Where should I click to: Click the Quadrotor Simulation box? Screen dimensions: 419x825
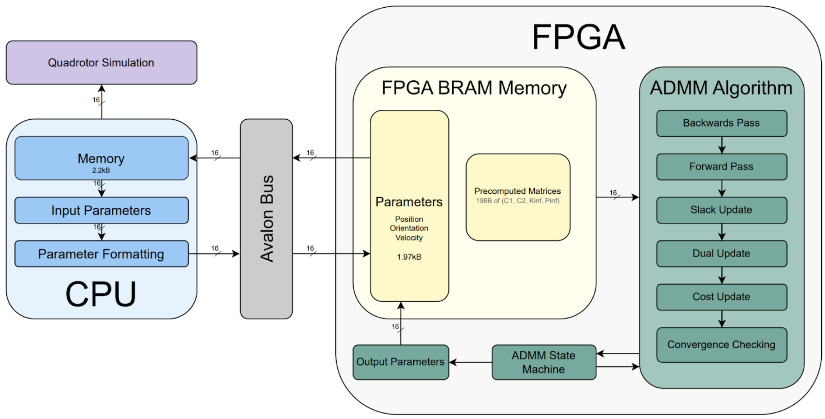click(x=101, y=63)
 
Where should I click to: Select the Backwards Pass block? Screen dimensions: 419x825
click(x=721, y=123)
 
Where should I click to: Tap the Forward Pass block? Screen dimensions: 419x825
click(x=721, y=166)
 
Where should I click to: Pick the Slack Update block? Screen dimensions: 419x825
click(x=721, y=210)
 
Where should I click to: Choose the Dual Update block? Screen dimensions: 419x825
click(x=721, y=253)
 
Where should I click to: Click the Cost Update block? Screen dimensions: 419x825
click(x=721, y=297)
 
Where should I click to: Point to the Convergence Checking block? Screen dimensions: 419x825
click(x=721, y=345)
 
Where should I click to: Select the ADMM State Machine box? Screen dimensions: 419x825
click(x=544, y=362)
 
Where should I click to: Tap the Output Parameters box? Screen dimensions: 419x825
click(x=400, y=362)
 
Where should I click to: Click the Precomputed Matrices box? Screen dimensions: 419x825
click(x=517, y=197)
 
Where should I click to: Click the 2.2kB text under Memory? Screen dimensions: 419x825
click(x=101, y=170)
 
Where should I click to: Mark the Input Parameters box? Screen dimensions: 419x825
click(x=101, y=210)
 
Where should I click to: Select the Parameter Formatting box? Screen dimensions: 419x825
click(x=101, y=254)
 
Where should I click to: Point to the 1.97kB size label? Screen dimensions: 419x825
click(x=409, y=257)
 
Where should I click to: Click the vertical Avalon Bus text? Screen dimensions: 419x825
click(x=267, y=218)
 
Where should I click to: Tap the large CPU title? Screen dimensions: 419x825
click(x=101, y=294)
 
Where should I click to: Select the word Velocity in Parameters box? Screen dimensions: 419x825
click(x=409, y=238)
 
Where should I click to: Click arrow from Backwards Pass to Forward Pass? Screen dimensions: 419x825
click(x=722, y=145)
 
